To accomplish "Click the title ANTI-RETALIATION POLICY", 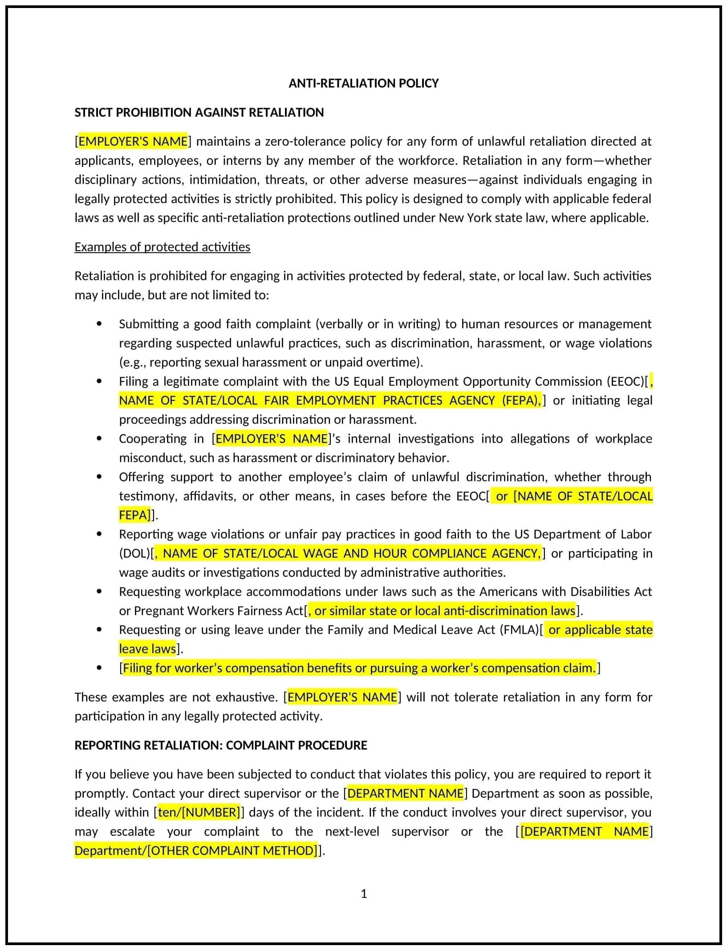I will (363, 83).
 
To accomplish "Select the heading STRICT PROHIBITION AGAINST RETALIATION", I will (199, 112).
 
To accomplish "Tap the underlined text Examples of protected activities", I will (162, 247).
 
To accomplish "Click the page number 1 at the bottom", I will (364, 894).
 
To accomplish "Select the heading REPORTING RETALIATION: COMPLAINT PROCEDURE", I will (220, 745).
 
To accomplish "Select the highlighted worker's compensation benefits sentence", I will (359, 668).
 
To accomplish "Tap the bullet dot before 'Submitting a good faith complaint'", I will (99, 324).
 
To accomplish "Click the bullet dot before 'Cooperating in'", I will (99, 439).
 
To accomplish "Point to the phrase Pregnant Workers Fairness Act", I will (219, 611).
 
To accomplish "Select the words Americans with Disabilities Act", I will (565, 591).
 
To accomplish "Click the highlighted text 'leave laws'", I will (147, 649).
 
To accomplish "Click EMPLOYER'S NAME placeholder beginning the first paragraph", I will (133, 141).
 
